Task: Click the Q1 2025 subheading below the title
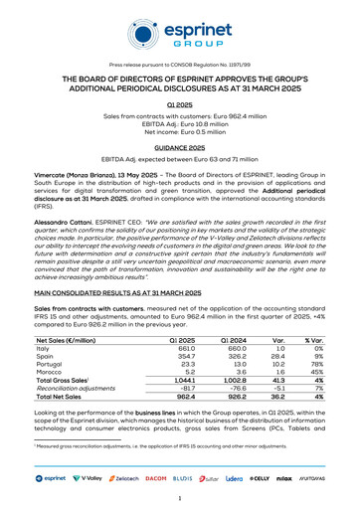(x=180, y=102)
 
